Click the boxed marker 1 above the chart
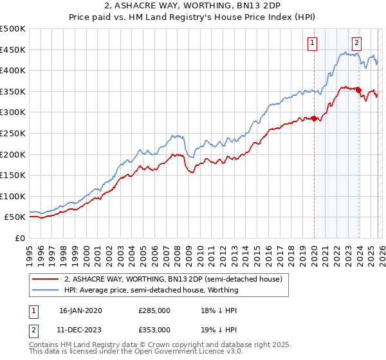313,43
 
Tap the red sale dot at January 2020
314,118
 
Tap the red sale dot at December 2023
358,90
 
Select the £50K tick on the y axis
15,217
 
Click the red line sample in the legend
46,280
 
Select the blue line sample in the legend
46,291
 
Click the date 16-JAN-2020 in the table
80,310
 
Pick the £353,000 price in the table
154,329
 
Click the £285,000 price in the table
154,310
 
